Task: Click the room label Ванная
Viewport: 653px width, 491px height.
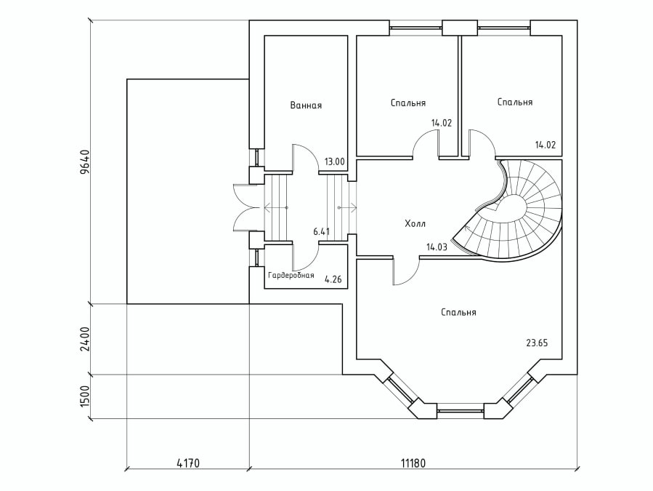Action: [306, 105]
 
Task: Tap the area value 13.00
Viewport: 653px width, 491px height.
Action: [335, 161]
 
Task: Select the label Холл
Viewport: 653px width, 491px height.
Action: [415, 223]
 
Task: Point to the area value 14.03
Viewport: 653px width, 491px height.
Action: [437, 247]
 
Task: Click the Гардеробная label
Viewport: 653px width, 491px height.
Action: [291, 276]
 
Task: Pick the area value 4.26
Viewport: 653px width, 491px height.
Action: [333, 279]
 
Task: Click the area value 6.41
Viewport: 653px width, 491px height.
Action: [322, 231]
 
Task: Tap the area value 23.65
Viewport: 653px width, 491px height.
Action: [537, 343]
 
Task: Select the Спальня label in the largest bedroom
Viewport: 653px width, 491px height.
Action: [458, 312]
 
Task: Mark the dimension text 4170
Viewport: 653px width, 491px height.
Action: [187, 462]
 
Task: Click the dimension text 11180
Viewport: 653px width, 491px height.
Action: [413, 462]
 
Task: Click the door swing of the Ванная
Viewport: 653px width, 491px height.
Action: [305, 157]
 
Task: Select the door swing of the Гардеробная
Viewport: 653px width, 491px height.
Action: [305, 258]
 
